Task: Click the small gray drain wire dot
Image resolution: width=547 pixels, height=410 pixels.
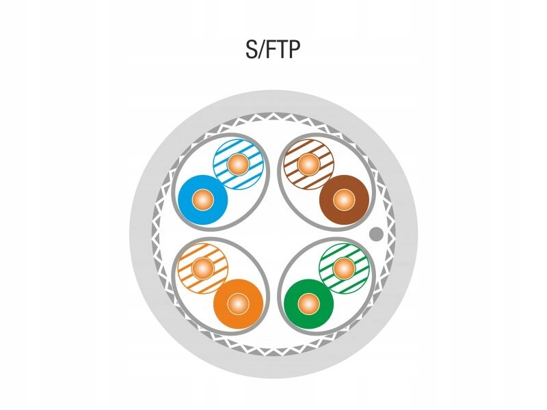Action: [375, 234]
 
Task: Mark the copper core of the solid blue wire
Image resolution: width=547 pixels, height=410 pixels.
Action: [202, 200]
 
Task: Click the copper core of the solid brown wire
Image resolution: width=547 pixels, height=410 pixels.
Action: [344, 200]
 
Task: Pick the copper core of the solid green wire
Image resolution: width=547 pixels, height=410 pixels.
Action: [308, 302]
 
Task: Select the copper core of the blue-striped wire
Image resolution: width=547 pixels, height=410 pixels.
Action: [238, 164]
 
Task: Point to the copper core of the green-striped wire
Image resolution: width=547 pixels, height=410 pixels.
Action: [344, 266]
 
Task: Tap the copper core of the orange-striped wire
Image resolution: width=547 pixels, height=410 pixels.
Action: [202, 266]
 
